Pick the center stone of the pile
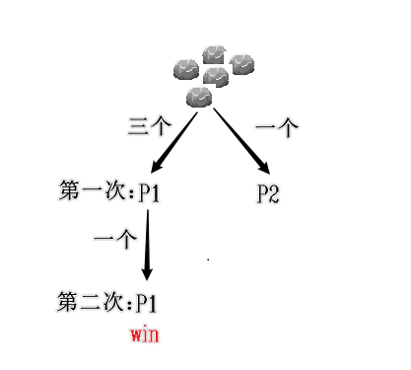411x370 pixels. [214, 75]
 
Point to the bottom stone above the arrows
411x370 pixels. [199, 97]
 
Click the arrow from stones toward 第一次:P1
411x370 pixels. [175, 143]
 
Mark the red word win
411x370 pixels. [144, 334]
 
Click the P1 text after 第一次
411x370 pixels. [150, 193]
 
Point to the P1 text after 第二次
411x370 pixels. [147, 301]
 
